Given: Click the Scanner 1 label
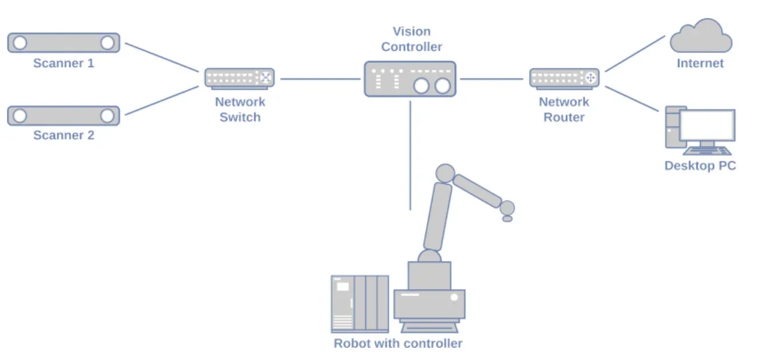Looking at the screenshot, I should click(x=63, y=63).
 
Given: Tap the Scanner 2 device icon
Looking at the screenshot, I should click(x=63, y=115).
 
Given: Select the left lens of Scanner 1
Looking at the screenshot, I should click(x=20, y=43).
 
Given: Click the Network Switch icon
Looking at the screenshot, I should click(x=239, y=78).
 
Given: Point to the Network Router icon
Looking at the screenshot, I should click(x=564, y=78).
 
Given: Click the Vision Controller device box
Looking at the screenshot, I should click(x=410, y=79).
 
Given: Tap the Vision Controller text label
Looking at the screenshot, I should click(x=412, y=39).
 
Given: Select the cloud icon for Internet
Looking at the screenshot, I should click(x=700, y=36).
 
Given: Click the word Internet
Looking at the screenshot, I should click(x=700, y=63).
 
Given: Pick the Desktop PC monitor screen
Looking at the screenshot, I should click(x=707, y=125).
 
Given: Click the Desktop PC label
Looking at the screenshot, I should click(x=699, y=166).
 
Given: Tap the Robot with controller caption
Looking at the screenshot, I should click(x=398, y=343).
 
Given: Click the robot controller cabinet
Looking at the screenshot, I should click(x=359, y=303).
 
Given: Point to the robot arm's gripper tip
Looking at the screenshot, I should click(x=507, y=218).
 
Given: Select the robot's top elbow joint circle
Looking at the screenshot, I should click(x=445, y=173).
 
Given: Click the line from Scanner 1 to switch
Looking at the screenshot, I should click(x=161, y=57).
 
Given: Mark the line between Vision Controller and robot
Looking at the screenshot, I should click(x=410, y=155).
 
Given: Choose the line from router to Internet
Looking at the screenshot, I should click(x=635, y=53).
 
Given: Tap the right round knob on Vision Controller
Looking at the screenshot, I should click(x=442, y=86).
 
